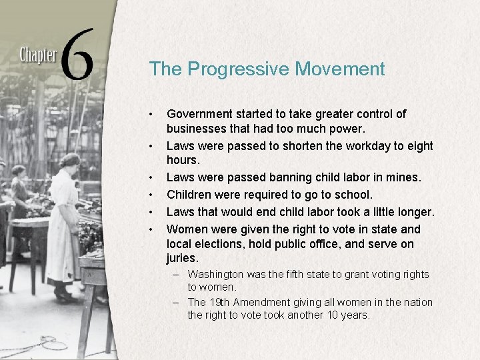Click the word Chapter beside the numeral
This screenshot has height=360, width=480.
[38, 53]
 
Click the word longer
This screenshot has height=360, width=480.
[413, 212]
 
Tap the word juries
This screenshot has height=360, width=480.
[183, 258]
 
